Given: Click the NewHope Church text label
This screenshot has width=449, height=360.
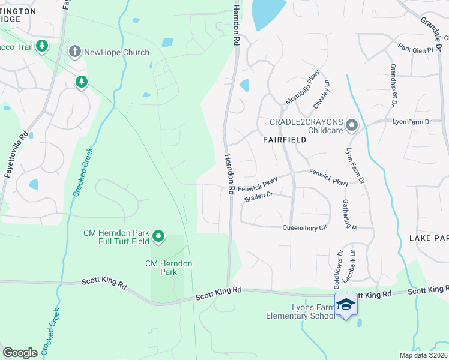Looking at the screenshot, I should click(116, 52).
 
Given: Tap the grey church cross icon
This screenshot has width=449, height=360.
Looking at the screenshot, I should click(74, 52).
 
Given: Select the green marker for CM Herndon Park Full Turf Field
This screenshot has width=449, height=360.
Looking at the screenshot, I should click(158, 236).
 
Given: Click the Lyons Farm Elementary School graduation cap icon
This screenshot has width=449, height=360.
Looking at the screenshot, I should click(346, 307).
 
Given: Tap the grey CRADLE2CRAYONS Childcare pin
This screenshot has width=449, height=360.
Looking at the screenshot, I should click(352, 125).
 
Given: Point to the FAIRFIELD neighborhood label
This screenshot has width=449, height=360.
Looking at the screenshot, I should click(285, 139).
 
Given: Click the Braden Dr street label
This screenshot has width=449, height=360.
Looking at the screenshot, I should click(258, 195).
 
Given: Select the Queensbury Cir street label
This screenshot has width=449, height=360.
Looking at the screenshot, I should click(305, 227).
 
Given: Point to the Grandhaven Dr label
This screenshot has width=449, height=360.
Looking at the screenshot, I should click(394, 85).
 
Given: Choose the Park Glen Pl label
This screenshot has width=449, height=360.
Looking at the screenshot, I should click(415, 50).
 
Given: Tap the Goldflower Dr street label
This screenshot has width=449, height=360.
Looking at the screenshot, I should click(337, 267).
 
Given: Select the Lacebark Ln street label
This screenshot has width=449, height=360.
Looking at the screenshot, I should click(352, 265).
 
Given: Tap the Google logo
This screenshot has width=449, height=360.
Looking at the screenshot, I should click(20, 353).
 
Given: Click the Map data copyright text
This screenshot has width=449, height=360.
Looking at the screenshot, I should click(423, 355).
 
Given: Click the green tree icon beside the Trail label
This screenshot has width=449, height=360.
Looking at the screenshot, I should click(41, 46).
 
